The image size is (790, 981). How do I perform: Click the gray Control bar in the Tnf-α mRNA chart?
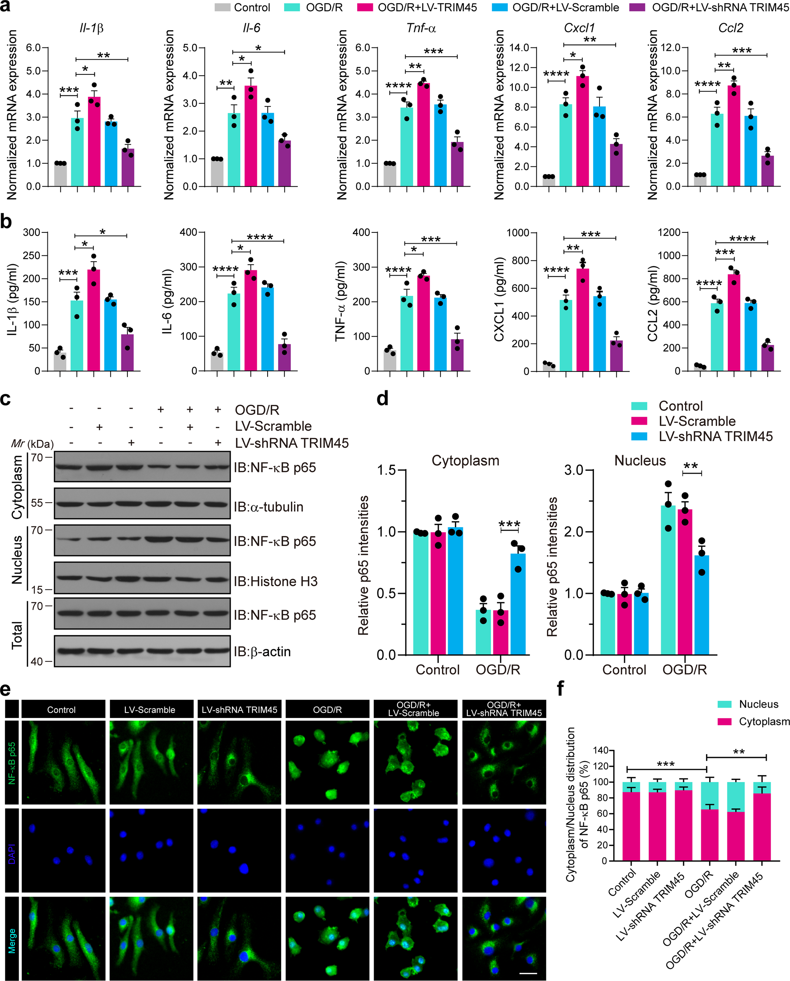click(x=389, y=175)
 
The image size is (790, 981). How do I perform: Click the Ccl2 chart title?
click(x=731, y=28)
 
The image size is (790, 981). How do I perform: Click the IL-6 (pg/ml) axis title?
click(x=167, y=302)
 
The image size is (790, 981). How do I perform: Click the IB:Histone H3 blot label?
click(x=275, y=581)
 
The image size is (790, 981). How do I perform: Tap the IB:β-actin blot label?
click(x=262, y=652)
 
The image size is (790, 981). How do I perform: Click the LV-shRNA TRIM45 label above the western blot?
click(x=291, y=443)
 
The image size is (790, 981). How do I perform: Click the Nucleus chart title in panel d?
click(x=640, y=461)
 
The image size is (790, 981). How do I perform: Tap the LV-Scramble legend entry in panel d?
click(x=697, y=421)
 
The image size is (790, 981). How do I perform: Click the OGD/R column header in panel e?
click(x=327, y=710)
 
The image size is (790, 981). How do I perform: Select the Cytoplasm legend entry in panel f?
click(x=763, y=722)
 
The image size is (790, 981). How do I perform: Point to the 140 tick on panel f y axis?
click(x=602, y=750)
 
